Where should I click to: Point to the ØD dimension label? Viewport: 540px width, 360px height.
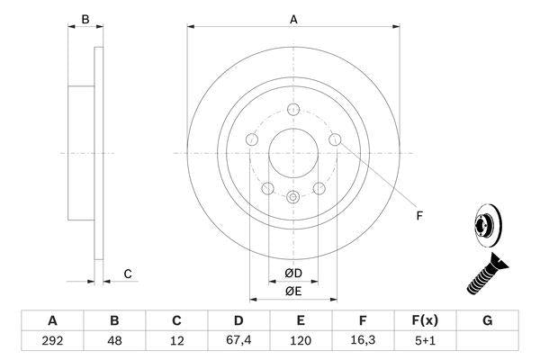(x=292, y=273)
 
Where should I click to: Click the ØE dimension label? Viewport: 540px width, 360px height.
(x=292, y=291)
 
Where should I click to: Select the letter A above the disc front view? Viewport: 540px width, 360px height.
(x=293, y=18)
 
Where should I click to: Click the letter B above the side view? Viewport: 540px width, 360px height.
(x=85, y=18)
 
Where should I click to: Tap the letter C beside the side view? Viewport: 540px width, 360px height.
(x=129, y=274)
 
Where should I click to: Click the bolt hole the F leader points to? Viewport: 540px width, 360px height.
(x=335, y=139)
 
